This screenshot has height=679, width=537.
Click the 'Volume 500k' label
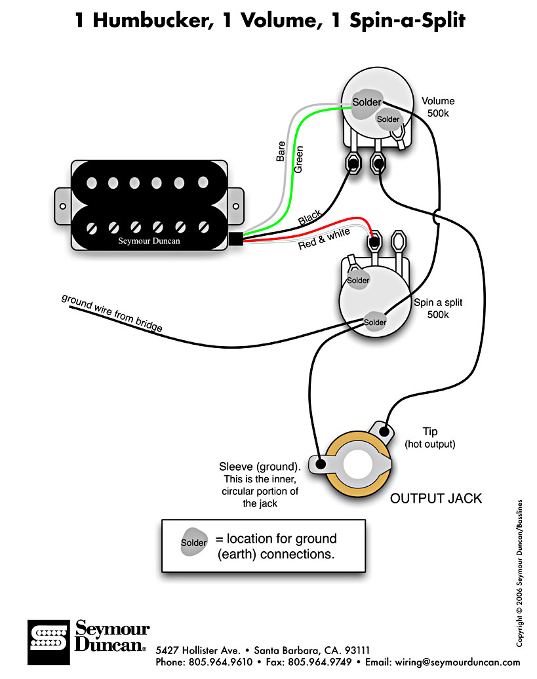(x=438, y=107)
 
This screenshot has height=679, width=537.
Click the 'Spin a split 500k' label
(x=437, y=308)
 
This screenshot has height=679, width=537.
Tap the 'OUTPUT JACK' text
(x=435, y=498)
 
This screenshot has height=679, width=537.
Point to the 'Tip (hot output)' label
(x=429, y=438)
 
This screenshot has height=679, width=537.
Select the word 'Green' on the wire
(x=298, y=159)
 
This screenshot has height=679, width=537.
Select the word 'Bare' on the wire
(x=281, y=153)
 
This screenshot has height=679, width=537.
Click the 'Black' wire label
(x=309, y=218)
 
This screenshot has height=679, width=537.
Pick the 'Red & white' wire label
(x=324, y=239)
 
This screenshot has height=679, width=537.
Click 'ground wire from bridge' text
(x=112, y=313)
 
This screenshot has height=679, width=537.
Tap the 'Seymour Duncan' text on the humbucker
(x=149, y=241)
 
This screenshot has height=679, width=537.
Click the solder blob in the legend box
(x=194, y=542)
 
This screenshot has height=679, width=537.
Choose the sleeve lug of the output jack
(x=321, y=465)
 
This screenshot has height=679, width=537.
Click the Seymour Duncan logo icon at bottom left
(x=48, y=636)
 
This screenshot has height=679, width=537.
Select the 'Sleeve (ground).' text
(x=260, y=467)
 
